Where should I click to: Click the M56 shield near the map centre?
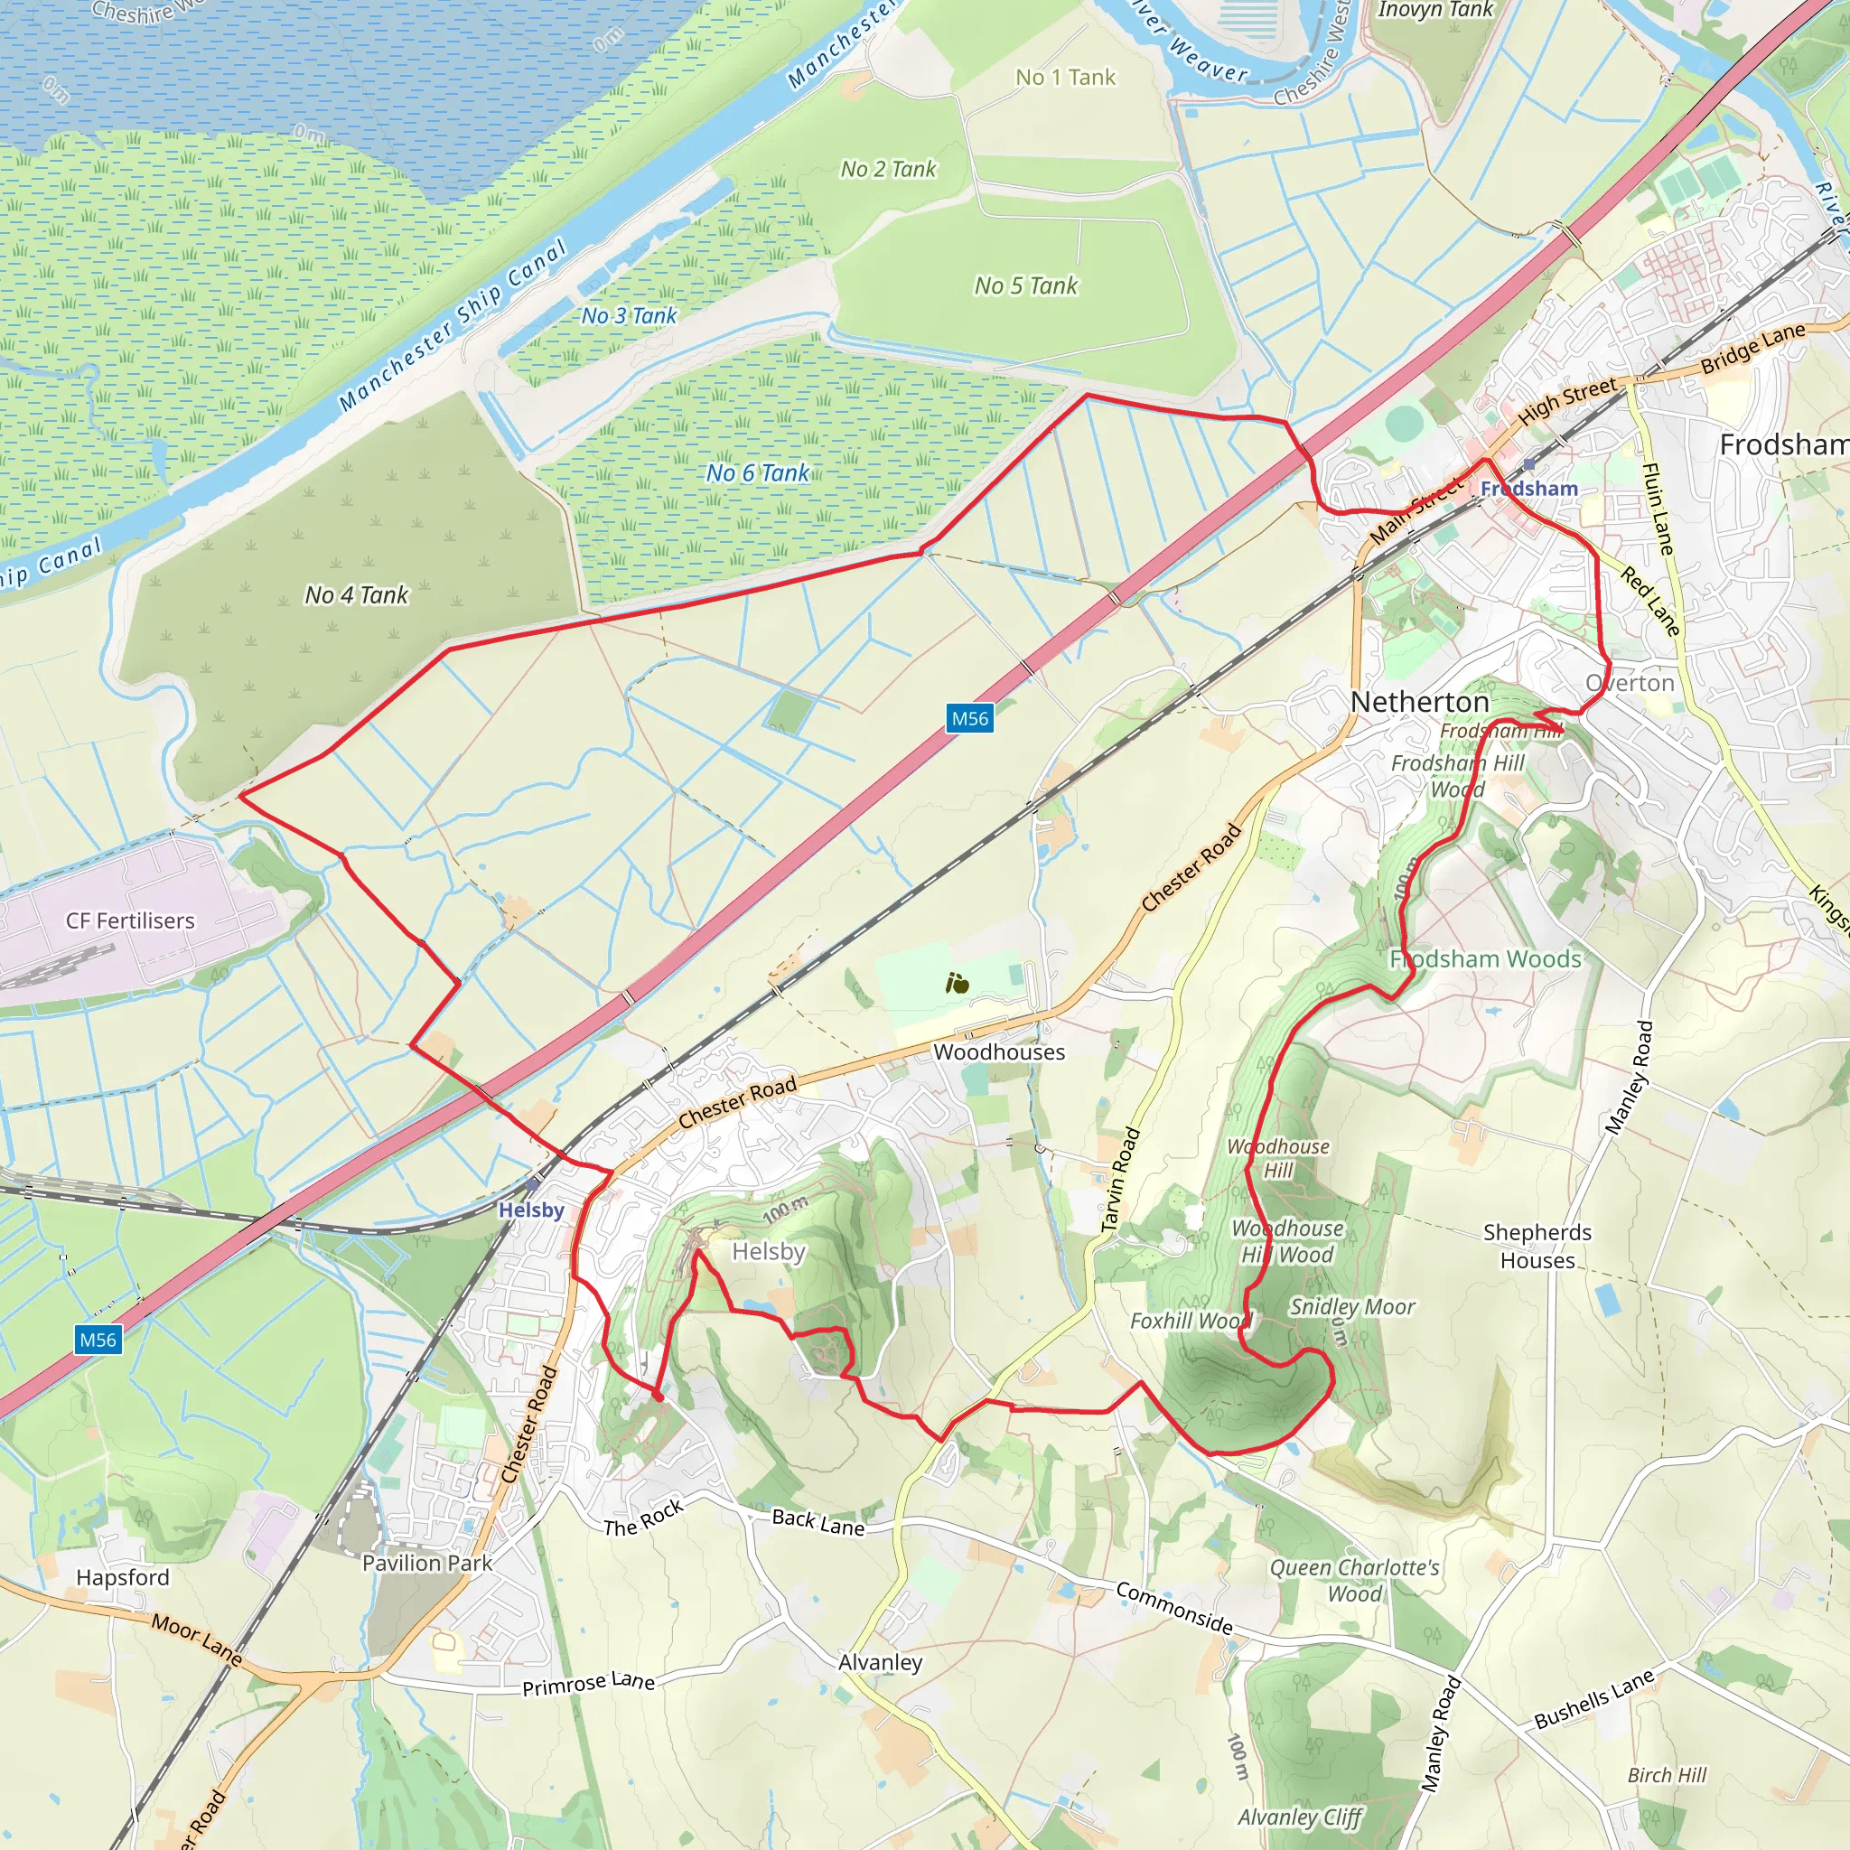pos(969,718)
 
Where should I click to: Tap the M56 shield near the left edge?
pos(98,1340)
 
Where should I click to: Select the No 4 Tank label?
pos(356,594)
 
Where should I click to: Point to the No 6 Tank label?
pos(757,472)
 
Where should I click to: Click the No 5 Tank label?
pos(1025,285)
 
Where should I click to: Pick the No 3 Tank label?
pos(629,315)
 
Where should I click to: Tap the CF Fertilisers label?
pos(130,920)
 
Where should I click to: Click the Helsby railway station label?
pos(530,1210)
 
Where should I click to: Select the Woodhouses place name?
pos(999,1051)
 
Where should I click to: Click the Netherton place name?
pos(1419,702)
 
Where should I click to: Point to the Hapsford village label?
pos(123,1577)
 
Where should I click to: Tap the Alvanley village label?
pos(880,1661)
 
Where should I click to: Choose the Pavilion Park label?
pos(427,1563)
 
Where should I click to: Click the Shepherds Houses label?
pos(1537,1246)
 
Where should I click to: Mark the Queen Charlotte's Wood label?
pos(1354,1580)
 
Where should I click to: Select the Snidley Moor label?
pos(1352,1306)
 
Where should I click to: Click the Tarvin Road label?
pos(1119,1180)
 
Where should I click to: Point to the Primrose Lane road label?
pos(588,1684)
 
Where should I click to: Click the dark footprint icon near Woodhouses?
pos(957,984)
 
